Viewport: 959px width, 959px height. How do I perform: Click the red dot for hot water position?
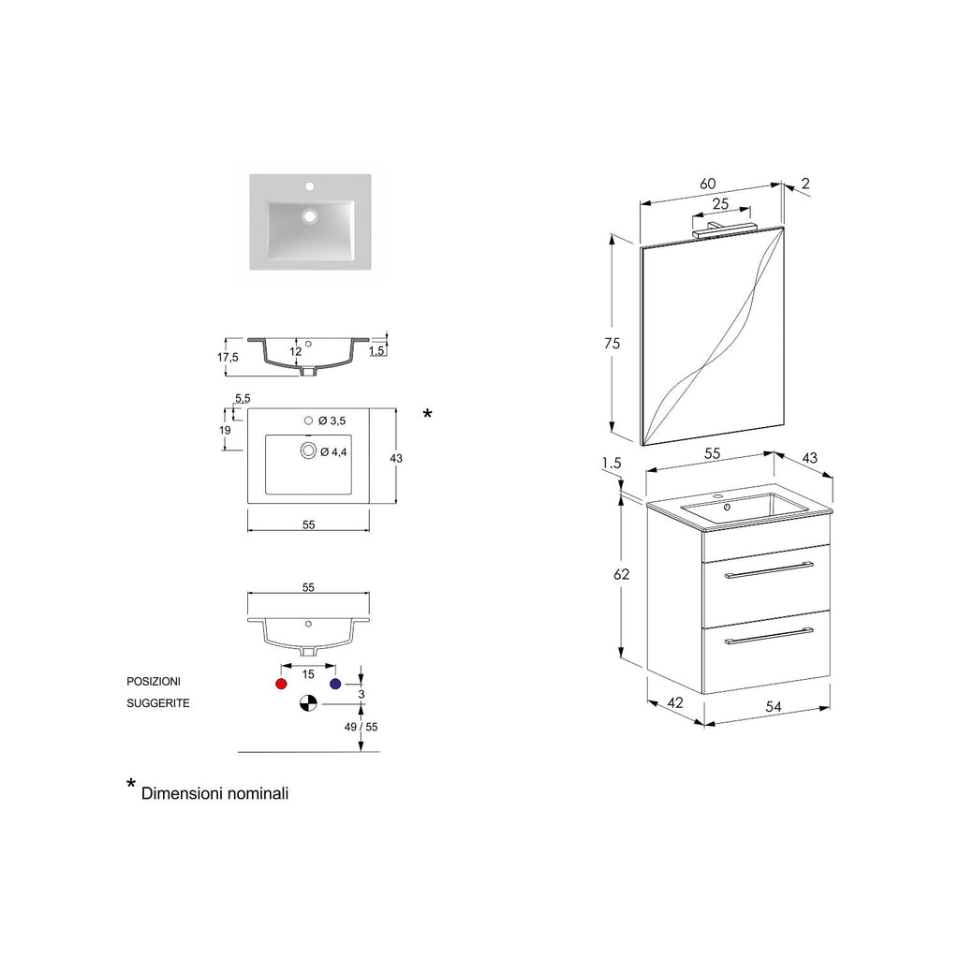click(x=280, y=685)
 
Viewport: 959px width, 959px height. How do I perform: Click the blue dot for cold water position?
click(x=334, y=685)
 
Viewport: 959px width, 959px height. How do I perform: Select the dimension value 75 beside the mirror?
click(x=612, y=344)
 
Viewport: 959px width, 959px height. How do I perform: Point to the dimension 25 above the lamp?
click(x=720, y=203)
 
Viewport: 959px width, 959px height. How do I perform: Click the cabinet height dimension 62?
click(x=622, y=574)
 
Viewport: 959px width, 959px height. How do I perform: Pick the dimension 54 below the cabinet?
click(x=774, y=707)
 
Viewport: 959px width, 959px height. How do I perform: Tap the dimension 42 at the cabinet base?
click(x=674, y=702)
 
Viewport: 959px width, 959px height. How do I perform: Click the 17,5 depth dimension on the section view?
click(x=228, y=357)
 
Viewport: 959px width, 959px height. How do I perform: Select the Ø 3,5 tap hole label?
click(x=332, y=420)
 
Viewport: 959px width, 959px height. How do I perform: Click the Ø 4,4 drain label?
click(x=334, y=452)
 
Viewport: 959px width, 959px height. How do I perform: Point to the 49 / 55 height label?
click(x=361, y=727)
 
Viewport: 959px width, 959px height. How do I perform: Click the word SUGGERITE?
click(x=158, y=703)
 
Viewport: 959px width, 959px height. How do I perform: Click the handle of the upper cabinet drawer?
click(x=768, y=570)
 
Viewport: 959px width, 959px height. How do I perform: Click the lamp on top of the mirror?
click(x=725, y=227)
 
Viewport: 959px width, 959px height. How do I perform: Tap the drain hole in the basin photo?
click(x=309, y=215)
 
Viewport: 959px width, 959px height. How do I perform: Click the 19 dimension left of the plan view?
click(x=225, y=430)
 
